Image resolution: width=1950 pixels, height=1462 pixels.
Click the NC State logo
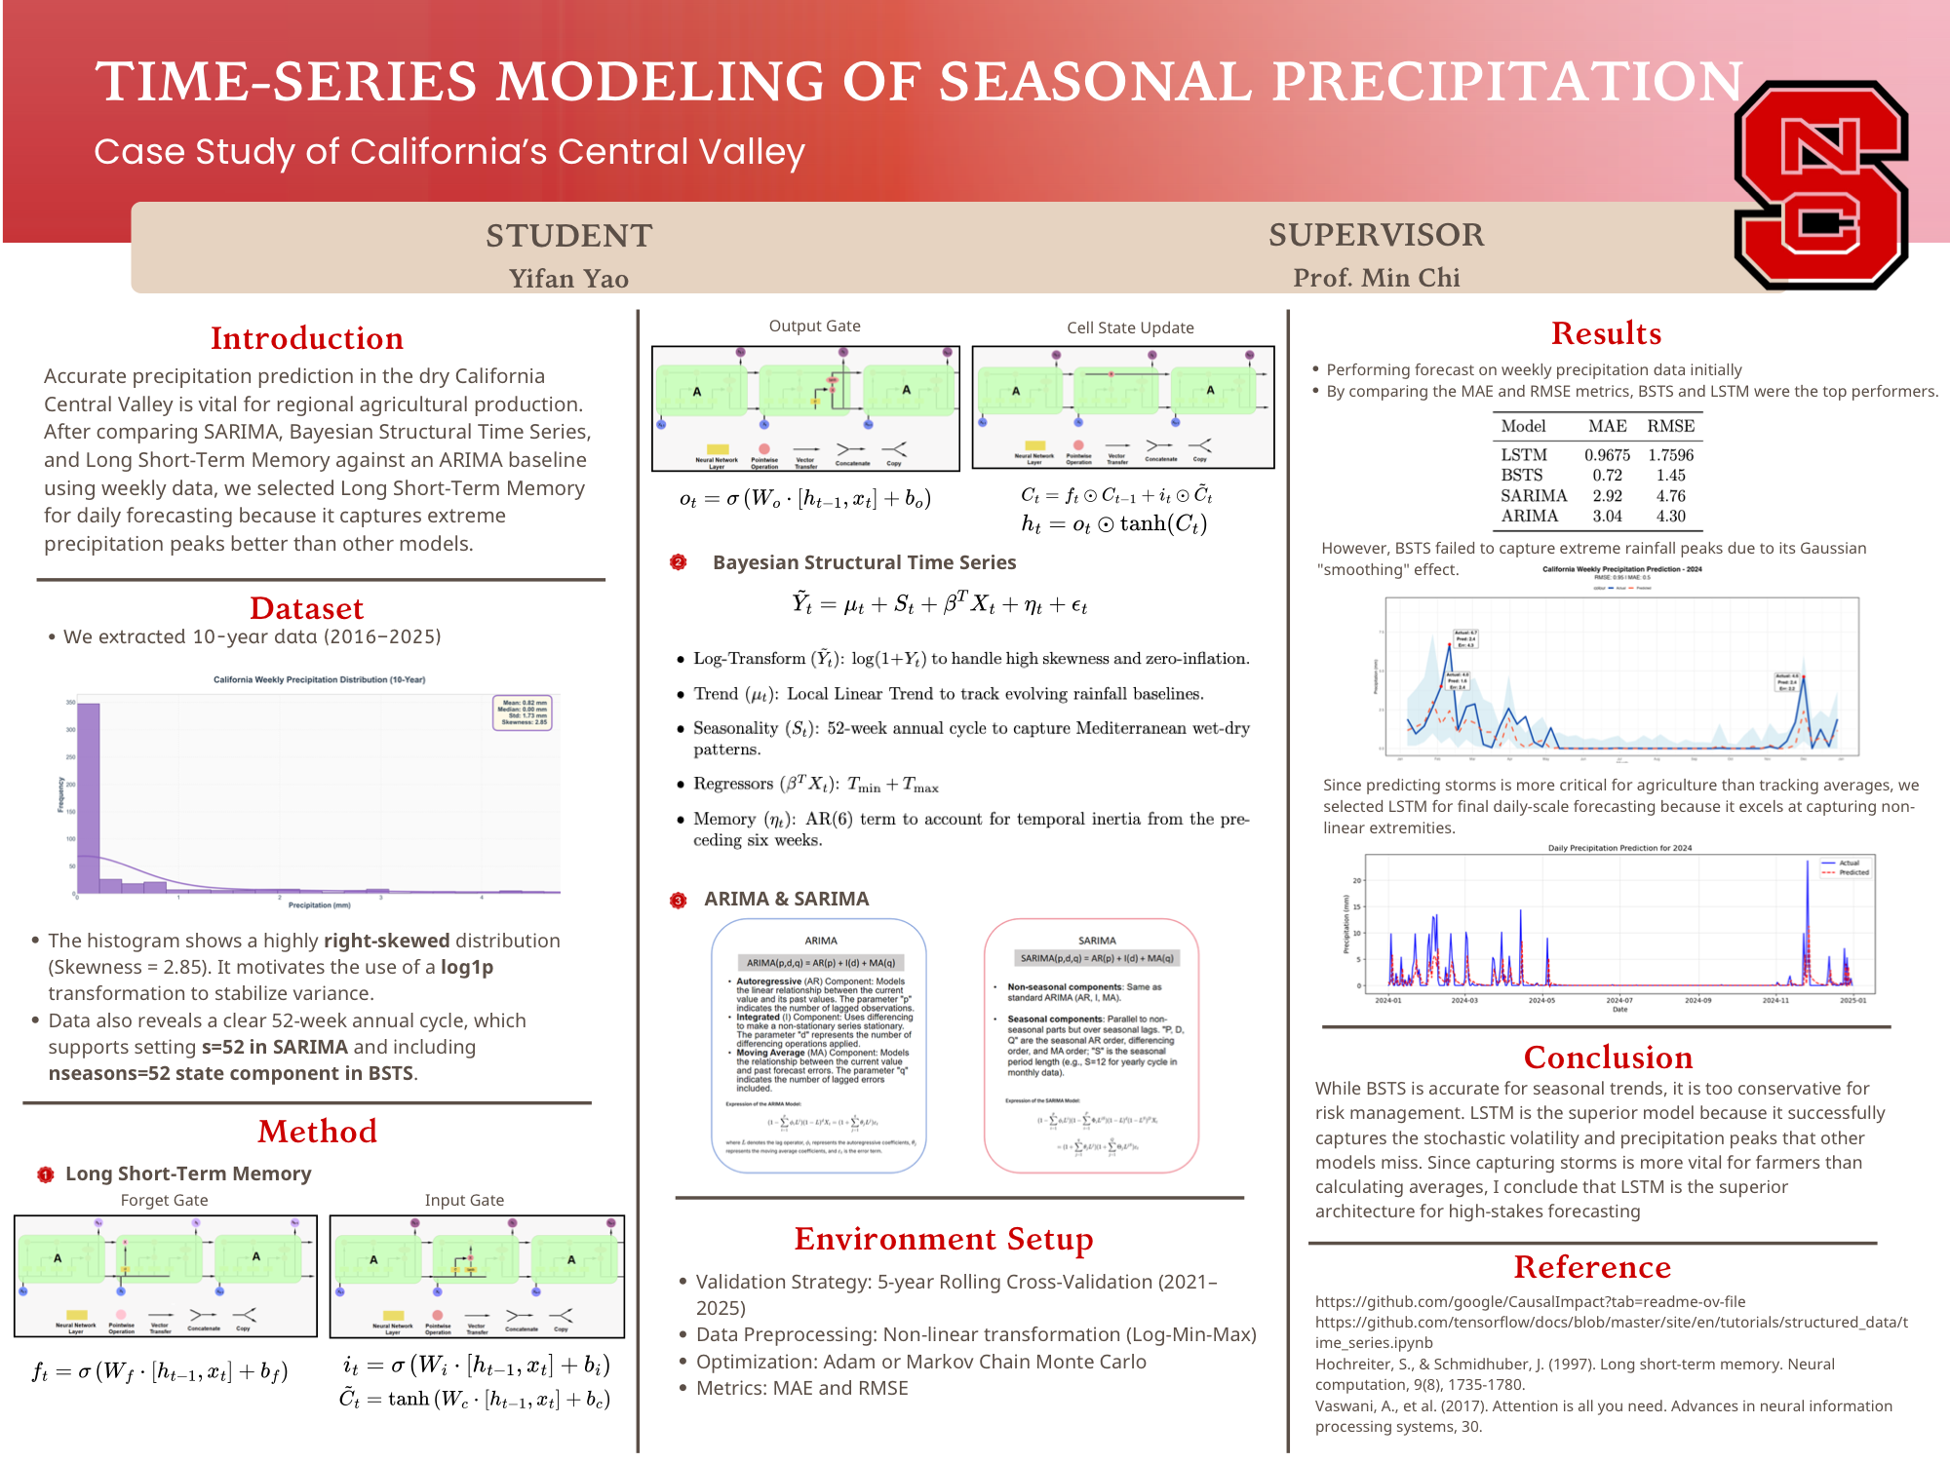point(1821,185)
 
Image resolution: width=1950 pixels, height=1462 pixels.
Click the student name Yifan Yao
point(568,279)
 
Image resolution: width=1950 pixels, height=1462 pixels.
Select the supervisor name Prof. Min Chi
point(1376,278)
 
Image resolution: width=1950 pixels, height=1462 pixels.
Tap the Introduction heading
point(307,338)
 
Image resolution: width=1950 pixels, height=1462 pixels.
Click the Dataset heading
point(306,608)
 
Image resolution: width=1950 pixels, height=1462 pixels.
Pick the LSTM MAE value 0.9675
point(1607,455)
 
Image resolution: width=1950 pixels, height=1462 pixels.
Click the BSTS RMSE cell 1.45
point(1670,476)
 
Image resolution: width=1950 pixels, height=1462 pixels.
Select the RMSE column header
point(1670,426)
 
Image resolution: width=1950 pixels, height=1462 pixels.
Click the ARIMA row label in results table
point(1529,517)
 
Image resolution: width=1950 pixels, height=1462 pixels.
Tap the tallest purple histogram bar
point(89,794)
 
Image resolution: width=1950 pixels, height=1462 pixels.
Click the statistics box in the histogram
point(524,712)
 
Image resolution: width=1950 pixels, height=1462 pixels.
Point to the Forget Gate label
point(164,1200)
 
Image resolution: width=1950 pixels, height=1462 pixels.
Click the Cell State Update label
point(1130,327)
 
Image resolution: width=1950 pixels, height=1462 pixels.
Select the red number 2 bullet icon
point(679,562)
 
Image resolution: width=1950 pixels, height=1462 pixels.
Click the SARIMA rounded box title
point(1097,941)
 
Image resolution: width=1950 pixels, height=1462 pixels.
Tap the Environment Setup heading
point(943,1239)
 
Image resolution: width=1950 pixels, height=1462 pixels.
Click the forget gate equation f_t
point(160,1372)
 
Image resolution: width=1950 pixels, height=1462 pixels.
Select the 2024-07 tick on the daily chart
point(1618,1000)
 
